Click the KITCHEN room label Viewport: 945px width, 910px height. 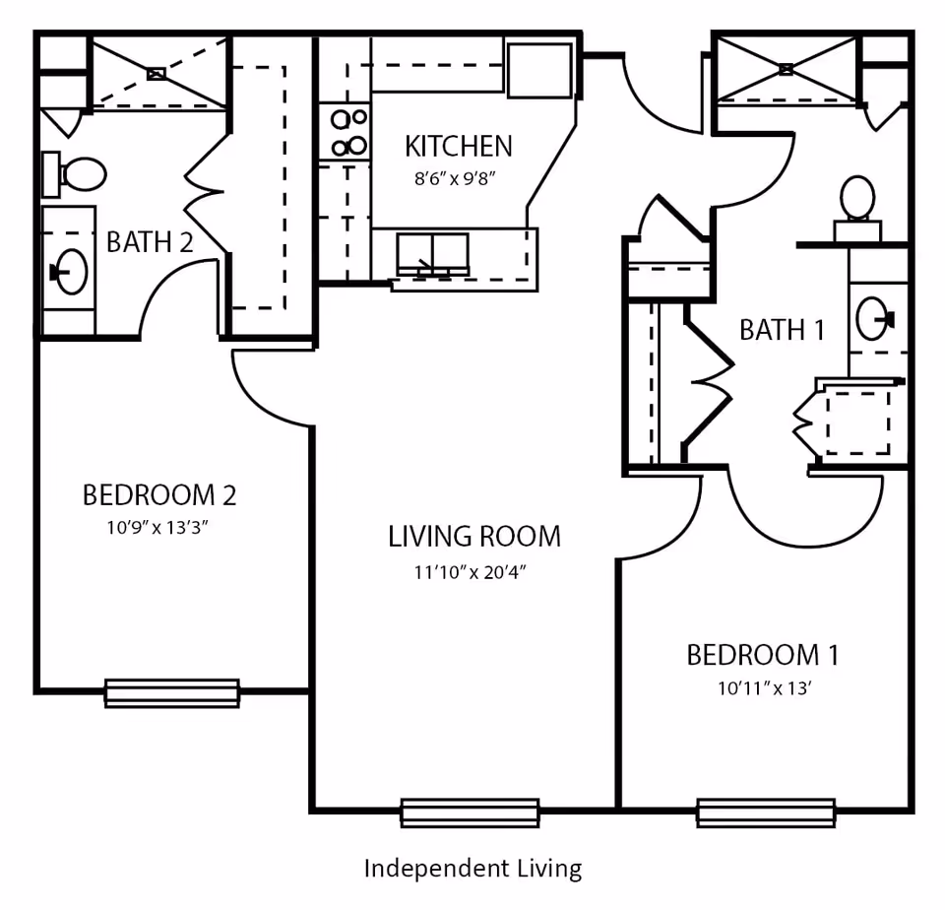point(458,147)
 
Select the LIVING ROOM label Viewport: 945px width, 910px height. point(473,537)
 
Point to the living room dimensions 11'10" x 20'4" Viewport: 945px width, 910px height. point(472,572)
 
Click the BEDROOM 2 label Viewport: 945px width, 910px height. point(159,494)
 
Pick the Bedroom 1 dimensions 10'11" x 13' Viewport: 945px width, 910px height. point(764,688)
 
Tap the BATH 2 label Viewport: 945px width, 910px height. point(150,242)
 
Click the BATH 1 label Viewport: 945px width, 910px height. point(782,330)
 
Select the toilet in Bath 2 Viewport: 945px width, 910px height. point(77,175)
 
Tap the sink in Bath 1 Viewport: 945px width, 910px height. point(873,318)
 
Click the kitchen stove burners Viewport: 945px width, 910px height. point(346,134)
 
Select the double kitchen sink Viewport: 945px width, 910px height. point(433,254)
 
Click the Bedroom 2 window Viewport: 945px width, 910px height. point(172,692)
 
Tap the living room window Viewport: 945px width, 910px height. point(470,812)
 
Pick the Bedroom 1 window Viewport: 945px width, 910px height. point(765,812)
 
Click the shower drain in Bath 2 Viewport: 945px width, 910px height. point(156,73)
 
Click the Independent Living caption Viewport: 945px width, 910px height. point(472,869)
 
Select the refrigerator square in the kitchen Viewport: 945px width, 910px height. point(538,69)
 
